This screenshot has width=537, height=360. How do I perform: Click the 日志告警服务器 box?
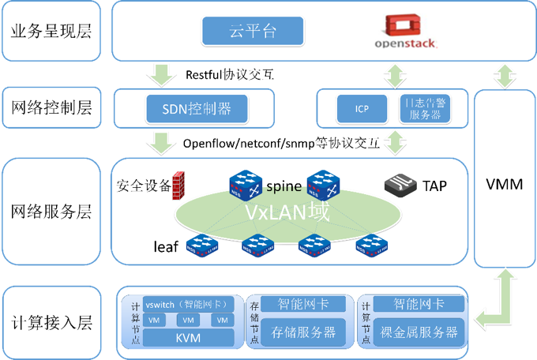(426, 109)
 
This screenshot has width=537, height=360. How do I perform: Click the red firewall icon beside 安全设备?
(178, 184)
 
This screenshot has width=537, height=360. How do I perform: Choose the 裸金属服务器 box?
(419, 332)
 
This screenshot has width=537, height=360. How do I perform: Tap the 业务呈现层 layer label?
(51, 32)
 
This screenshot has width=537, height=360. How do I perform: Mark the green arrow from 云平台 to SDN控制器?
(162, 74)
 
